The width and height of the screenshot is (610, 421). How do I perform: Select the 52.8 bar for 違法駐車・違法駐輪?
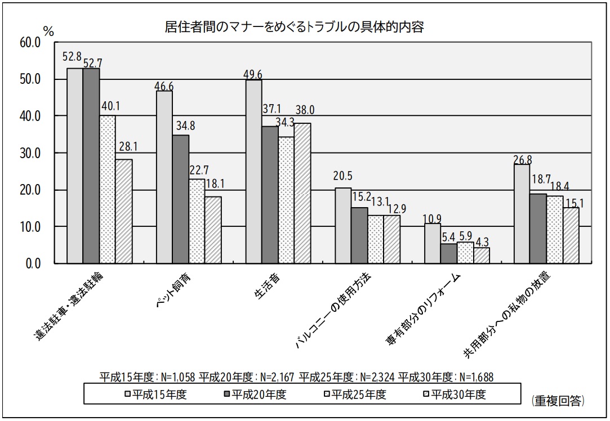coord(75,165)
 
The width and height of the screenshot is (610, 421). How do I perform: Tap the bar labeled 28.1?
coord(124,211)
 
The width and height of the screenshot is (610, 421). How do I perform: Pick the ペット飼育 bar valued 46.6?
coord(164,177)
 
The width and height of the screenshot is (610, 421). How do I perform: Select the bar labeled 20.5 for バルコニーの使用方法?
coord(342,225)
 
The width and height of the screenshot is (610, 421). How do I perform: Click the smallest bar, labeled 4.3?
coord(481,256)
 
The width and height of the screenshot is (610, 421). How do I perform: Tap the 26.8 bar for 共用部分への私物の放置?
coord(522,214)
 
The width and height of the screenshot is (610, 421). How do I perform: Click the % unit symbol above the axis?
coord(48,32)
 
